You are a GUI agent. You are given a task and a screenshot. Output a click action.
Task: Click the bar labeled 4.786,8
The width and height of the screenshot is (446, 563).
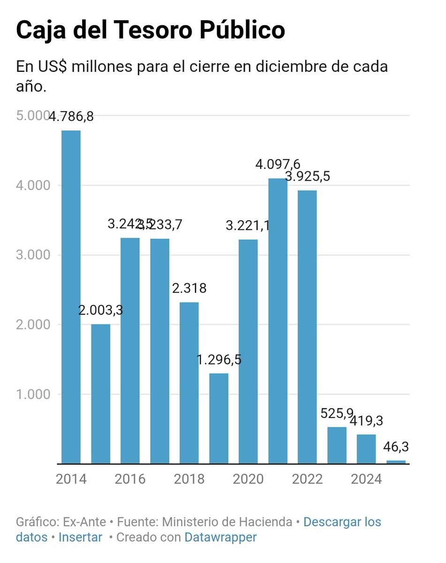[x=71, y=297]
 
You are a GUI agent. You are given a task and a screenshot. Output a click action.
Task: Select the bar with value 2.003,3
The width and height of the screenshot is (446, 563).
[x=101, y=394]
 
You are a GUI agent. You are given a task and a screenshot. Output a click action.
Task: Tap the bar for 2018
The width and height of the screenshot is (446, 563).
[x=189, y=383]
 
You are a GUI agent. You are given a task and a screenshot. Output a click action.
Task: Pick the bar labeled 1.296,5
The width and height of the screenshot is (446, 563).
[x=219, y=418]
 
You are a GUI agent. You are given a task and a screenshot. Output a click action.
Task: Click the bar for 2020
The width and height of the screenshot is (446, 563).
[x=248, y=351]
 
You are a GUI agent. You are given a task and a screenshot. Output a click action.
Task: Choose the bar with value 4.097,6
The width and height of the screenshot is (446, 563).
[x=278, y=321]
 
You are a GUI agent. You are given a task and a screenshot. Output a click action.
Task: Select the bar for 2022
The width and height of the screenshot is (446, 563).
[x=307, y=327]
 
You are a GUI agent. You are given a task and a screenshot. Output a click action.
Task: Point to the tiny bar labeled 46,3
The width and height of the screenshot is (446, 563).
[x=396, y=462]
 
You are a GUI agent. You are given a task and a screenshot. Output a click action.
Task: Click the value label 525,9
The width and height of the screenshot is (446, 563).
[x=337, y=414]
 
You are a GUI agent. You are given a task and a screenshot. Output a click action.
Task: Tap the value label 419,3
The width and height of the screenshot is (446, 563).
[x=366, y=421]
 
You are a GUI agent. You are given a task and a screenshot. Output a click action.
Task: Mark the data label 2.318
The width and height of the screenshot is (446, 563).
[x=189, y=288]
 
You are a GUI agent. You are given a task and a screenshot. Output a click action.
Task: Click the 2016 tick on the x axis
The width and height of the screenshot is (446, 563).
[x=130, y=479]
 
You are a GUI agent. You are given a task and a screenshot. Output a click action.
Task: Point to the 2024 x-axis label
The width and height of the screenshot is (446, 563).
[x=366, y=479]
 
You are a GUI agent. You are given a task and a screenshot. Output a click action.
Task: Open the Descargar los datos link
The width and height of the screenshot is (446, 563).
[x=342, y=521]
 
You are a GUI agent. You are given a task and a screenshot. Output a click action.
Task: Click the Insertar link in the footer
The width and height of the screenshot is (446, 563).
[x=80, y=537]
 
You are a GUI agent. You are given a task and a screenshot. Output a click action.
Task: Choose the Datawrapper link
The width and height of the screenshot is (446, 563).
[x=220, y=537]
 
